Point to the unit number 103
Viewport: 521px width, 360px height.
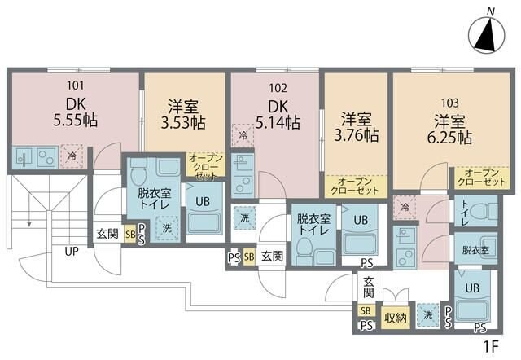[x=450, y=103]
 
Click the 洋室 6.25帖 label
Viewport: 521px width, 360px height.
[x=451, y=130]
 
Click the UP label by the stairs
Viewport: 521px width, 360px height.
[x=72, y=251]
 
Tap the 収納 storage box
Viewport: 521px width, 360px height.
[x=396, y=318]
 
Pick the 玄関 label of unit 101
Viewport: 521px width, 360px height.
[x=107, y=233]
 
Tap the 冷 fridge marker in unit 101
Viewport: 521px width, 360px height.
[x=72, y=155]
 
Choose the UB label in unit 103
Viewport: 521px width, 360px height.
[x=471, y=288]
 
